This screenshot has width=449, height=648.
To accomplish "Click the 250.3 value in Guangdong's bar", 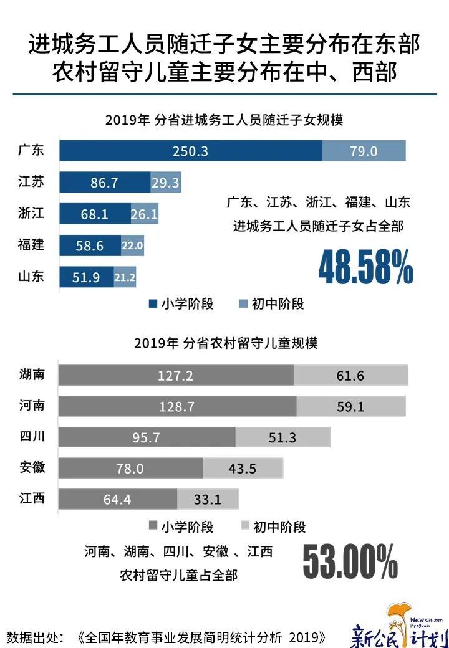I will tap(191, 151).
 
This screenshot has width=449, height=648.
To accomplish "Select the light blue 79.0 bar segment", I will tap(364, 151).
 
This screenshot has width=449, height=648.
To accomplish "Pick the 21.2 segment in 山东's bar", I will tap(125, 277).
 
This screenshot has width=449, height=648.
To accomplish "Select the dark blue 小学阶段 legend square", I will tap(153, 304).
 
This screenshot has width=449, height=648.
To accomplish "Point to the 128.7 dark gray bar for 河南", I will tap(178, 406).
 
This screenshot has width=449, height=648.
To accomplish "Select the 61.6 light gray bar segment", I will tap(350, 376).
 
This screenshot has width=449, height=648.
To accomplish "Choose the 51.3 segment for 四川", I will tap(282, 437).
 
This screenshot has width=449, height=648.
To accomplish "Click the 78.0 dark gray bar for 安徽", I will tap(131, 468).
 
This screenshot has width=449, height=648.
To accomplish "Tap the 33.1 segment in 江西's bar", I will tap(208, 498).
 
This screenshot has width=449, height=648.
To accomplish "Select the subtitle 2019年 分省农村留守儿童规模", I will tap(225, 343).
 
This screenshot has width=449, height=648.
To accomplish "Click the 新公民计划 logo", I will tap(399, 626).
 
